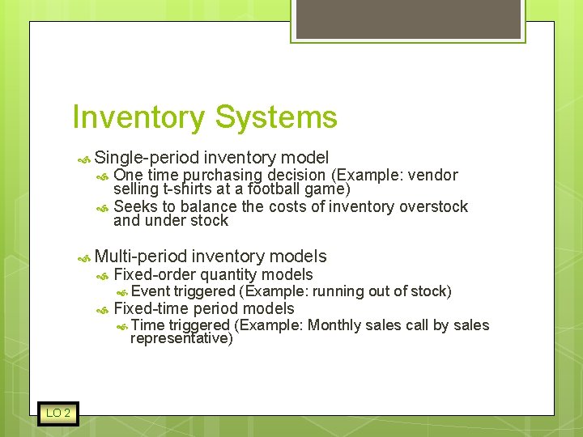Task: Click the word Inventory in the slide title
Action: [138, 118]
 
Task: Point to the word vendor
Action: [432, 176]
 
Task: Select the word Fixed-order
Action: [155, 275]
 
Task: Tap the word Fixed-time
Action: [151, 308]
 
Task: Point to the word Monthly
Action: [334, 325]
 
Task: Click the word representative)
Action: [181, 339]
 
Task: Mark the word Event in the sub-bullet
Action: [150, 291]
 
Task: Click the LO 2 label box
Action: [57, 414]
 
